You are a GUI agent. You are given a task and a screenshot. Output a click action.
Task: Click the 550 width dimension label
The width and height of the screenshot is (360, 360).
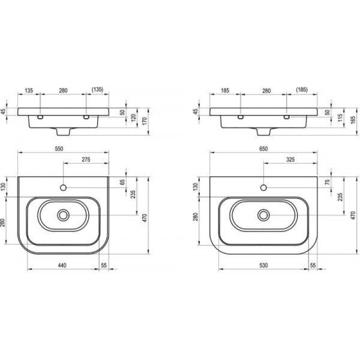click(x=59, y=149)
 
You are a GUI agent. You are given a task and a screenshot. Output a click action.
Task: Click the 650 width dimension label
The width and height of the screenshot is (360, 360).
click(x=263, y=149)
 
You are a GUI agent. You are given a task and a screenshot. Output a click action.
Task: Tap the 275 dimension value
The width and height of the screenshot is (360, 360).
click(x=86, y=160)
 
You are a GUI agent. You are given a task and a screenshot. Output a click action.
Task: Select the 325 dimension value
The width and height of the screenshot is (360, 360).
click(x=290, y=160)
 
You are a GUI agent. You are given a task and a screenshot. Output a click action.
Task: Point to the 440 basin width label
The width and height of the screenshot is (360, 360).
click(x=62, y=265)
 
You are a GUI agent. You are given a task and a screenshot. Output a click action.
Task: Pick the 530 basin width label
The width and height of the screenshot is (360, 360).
click(x=264, y=265)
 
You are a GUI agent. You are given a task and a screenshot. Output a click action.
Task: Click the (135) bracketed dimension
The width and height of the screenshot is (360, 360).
click(x=97, y=89)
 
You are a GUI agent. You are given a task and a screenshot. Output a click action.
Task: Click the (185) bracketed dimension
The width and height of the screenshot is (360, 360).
click(x=302, y=89)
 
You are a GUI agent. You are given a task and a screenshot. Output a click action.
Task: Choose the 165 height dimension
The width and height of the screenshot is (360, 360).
click(x=353, y=120)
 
